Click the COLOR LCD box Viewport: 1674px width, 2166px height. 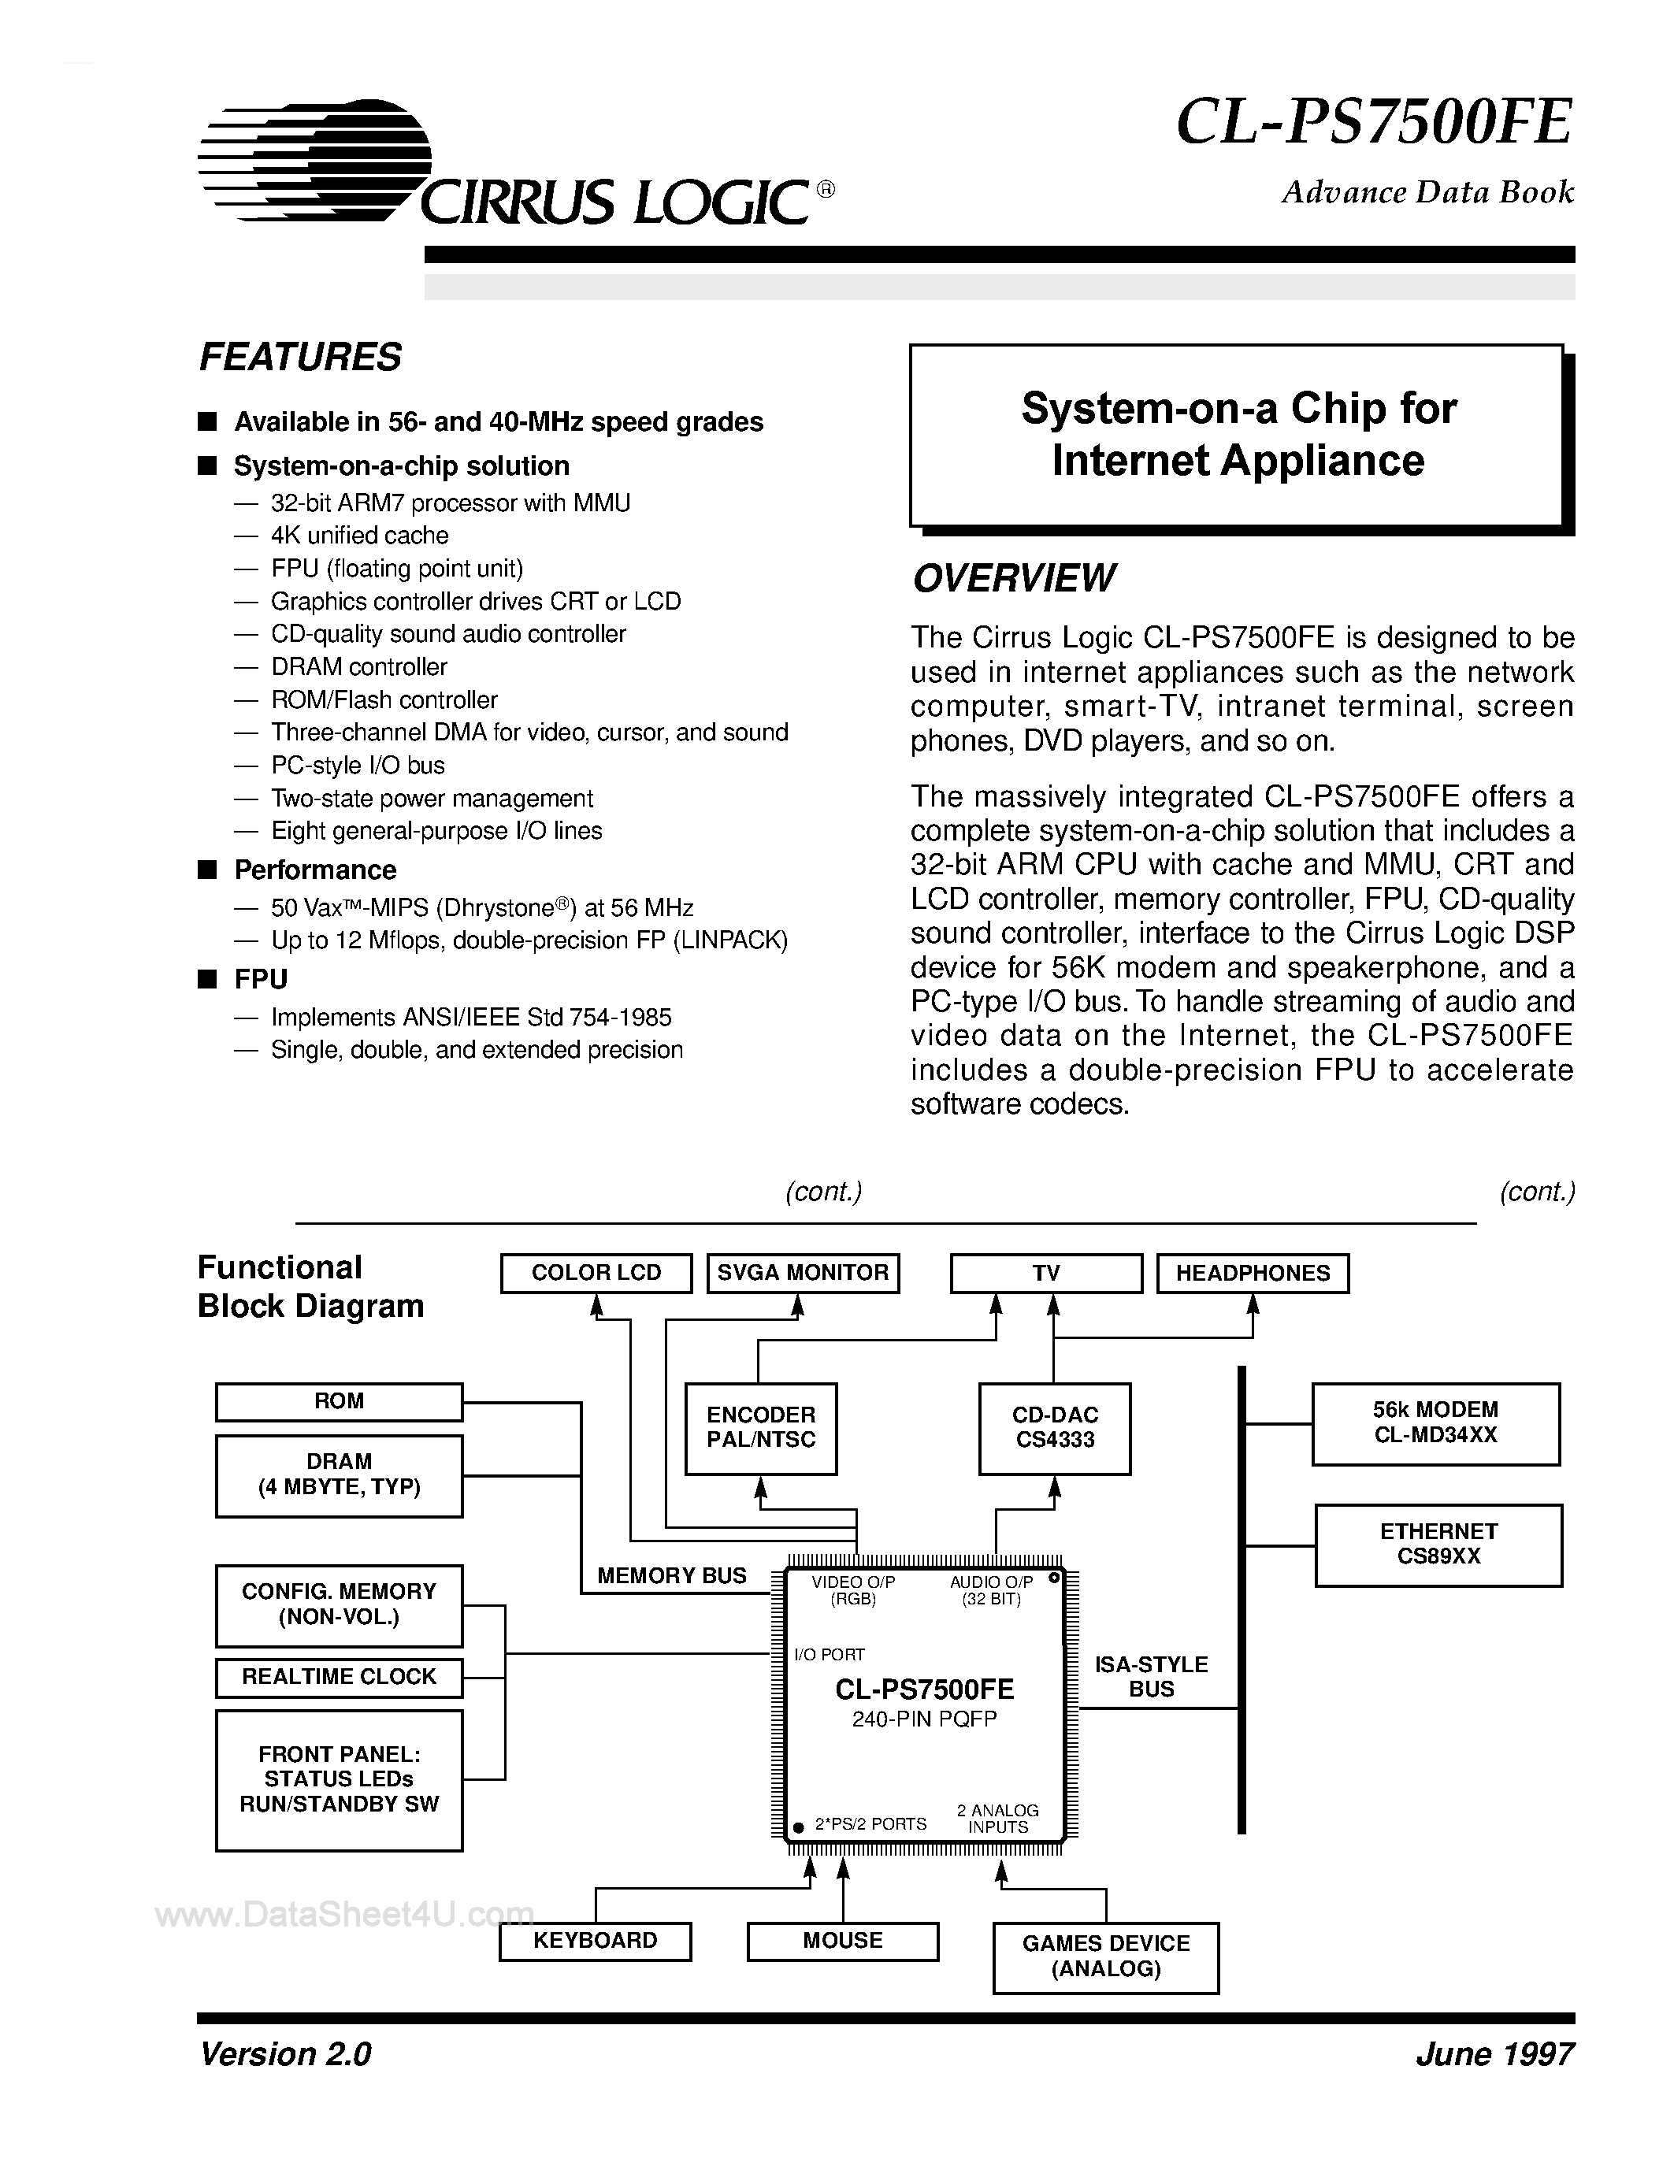pos(596,1272)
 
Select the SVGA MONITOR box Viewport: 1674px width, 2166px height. pos(802,1272)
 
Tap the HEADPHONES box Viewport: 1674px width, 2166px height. pos(1253,1272)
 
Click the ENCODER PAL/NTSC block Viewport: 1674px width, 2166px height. pos(761,1428)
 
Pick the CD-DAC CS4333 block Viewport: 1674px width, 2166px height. pos(1054,1428)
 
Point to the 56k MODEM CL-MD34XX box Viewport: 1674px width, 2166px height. pos(1435,1423)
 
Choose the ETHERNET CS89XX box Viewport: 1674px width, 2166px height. pos(1438,1545)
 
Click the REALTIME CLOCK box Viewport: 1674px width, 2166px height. pos(340,1677)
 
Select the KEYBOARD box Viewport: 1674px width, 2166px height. pos(595,1941)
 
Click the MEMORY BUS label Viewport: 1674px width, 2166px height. pos(671,1576)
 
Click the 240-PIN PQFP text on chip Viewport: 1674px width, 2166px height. pos(923,1719)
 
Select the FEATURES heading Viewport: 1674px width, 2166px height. pos(300,357)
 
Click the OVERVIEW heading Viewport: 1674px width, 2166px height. pos(1014,578)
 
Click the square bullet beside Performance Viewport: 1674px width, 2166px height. pos(207,870)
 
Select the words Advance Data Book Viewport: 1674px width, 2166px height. pos(1427,191)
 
